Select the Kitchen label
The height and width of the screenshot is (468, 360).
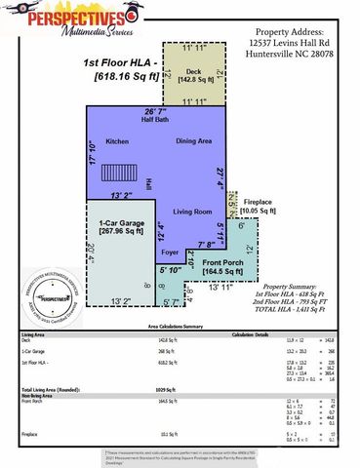(x=118, y=141)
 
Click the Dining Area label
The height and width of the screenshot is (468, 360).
(x=193, y=141)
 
